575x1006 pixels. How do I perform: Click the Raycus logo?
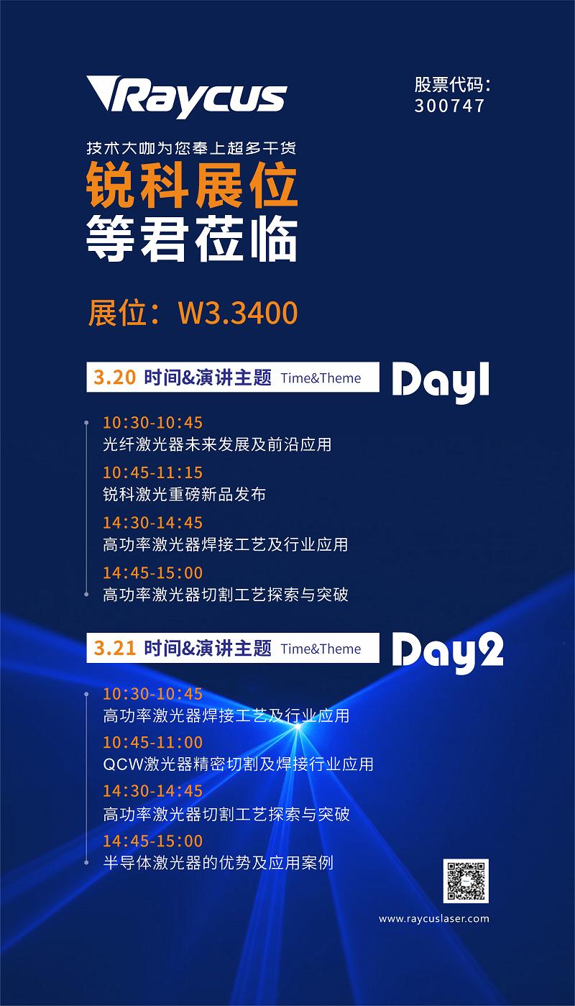[x=187, y=96]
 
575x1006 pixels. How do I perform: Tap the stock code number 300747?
[x=449, y=106]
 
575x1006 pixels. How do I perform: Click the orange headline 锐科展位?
[x=192, y=185]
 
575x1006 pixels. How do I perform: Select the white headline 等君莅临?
[x=192, y=238]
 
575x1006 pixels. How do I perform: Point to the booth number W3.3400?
[x=238, y=313]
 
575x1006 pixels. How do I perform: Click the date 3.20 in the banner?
[x=114, y=378]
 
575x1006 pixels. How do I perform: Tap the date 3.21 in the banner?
[x=114, y=648]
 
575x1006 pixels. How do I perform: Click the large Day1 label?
[x=441, y=382]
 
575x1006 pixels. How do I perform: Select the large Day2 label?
[x=448, y=652]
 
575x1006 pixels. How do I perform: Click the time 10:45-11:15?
[x=152, y=472]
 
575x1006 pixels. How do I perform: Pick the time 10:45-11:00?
[x=152, y=742]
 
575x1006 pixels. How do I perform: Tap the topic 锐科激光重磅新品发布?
[x=185, y=495]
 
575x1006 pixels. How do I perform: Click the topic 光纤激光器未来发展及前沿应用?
[x=217, y=444]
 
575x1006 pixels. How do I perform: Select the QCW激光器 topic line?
[x=239, y=764]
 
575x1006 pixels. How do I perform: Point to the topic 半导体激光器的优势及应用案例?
[x=218, y=863]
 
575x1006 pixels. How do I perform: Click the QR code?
[x=466, y=881]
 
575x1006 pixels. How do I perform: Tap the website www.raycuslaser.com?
[x=434, y=918]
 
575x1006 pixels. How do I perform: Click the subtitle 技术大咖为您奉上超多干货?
[x=191, y=147]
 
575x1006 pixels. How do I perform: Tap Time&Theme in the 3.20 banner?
[x=321, y=378]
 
